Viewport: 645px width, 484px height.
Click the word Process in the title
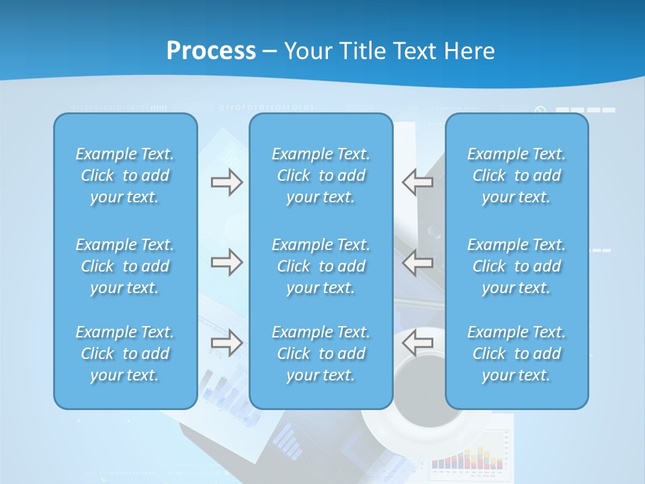click(x=211, y=51)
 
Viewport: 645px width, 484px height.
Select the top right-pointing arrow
click(x=226, y=182)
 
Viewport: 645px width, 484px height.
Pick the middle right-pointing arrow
click(x=226, y=261)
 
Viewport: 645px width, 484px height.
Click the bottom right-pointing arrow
click(x=226, y=343)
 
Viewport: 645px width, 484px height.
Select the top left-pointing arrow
click(x=418, y=182)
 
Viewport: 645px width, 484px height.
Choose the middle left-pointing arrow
click(x=418, y=261)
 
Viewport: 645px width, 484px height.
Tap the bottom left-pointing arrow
click(x=418, y=343)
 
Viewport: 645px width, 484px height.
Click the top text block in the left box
click(x=125, y=175)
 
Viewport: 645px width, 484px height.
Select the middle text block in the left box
click(x=125, y=266)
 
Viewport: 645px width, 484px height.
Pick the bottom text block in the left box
click(x=125, y=354)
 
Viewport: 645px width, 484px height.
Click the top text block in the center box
click(x=320, y=175)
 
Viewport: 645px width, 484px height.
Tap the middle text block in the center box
click(x=320, y=266)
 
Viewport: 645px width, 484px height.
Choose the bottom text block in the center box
click(x=320, y=354)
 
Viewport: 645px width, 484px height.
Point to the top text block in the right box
click(x=517, y=175)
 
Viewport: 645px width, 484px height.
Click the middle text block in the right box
click(x=517, y=266)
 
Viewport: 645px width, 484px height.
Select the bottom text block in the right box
click(x=517, y=354)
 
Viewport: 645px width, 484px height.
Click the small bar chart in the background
click(x=467, y=456)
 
